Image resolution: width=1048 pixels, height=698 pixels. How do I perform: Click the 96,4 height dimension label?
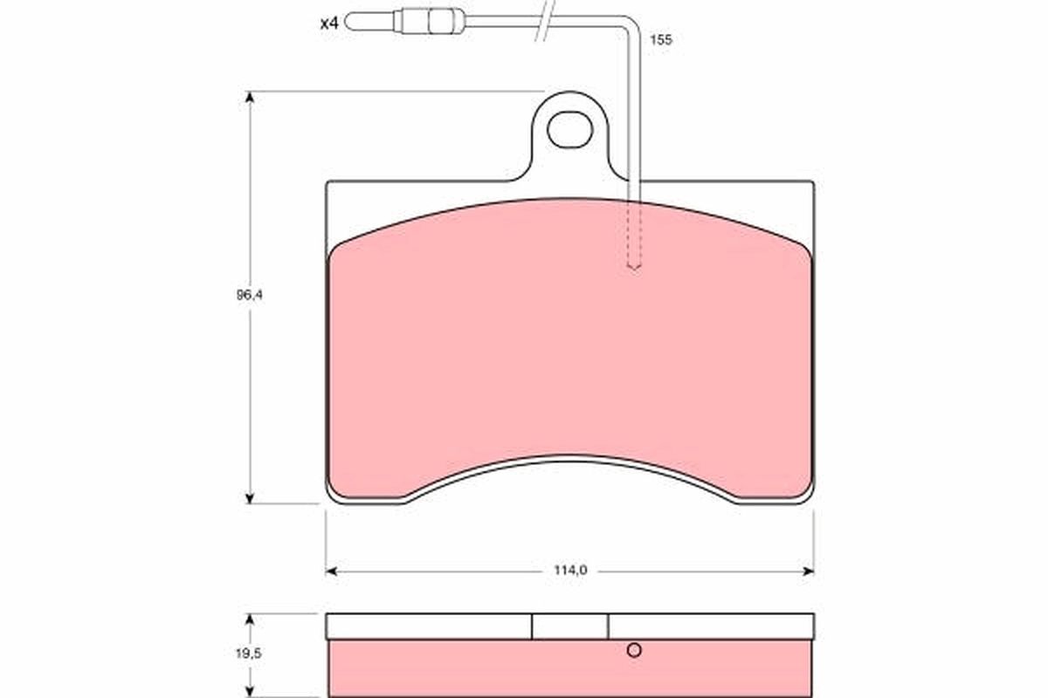tap(250, 295)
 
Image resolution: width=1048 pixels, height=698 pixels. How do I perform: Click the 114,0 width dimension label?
tap(570, 571)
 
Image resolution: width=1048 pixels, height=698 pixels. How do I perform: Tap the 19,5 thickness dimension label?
tap(248, 654)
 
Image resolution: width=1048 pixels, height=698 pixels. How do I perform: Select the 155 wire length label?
tap(660, 40)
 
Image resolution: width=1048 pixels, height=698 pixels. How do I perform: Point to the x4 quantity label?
tap(329, 24)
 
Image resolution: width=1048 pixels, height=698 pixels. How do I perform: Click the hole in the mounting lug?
tap(569, 129)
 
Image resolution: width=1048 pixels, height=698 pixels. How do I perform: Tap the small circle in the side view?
tap(634, 650)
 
